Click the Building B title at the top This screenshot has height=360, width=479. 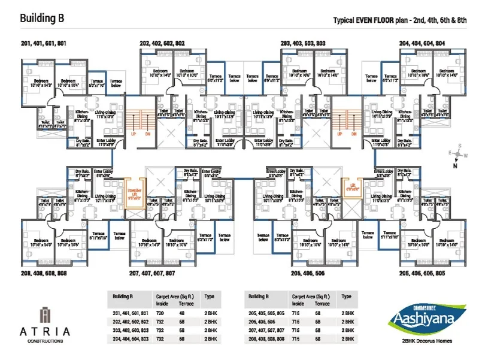43,19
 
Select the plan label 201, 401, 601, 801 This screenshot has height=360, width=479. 44,44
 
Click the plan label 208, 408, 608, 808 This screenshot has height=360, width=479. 44,273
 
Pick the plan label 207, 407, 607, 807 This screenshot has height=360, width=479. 152,273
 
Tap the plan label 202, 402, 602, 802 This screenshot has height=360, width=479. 163,44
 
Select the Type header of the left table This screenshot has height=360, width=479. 209,296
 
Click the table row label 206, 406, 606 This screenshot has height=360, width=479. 263,322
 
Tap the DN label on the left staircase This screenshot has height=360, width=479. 146,134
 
